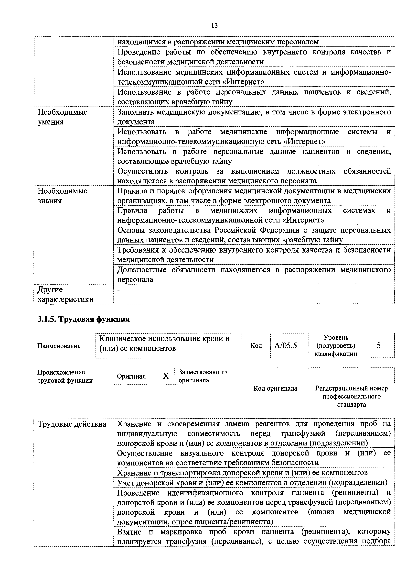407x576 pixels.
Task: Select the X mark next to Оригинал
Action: (x=166, y=376)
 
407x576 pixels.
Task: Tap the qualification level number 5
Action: (x=378, y=345)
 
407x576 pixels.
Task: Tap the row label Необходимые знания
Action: (x=62, y=196)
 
